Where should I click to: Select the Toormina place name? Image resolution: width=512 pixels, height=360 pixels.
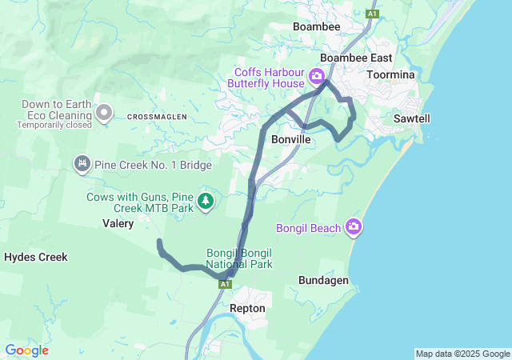click(390, 74)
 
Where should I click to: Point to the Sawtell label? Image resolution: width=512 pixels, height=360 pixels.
click(412, 118)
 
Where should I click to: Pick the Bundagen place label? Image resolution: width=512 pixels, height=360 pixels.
click(323, 281)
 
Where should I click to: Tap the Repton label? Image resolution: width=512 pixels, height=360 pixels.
click(247, 307)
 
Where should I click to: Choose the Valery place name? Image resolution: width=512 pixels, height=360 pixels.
click(118, 224)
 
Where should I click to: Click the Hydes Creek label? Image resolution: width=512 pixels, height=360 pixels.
click(35, 257)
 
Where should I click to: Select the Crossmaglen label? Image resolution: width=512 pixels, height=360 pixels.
click(157, 117)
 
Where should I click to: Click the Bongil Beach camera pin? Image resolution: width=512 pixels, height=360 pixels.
click(354, 228)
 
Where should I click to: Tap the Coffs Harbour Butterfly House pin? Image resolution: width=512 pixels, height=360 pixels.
click(316, 78)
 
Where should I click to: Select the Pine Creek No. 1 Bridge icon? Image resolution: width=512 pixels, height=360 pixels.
click(81, 165)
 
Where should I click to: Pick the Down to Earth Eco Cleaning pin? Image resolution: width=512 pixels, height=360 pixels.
click(103, 114)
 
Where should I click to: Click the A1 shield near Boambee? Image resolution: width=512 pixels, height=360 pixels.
click(371, 13)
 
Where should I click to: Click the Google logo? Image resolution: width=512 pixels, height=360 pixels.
click(26, 350)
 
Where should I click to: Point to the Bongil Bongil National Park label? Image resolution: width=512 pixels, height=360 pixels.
click(238, 258)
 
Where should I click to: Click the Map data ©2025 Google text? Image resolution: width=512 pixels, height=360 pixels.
click(462, 354)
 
